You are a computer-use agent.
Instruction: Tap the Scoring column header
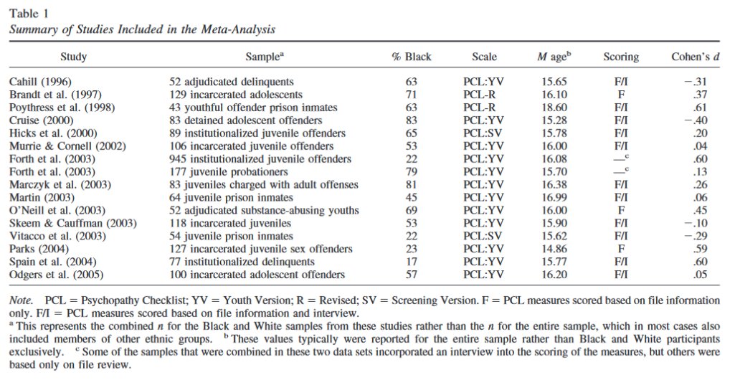(621, 57)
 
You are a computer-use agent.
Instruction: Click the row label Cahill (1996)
(40, 82)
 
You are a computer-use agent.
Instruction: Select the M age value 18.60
(555, 108)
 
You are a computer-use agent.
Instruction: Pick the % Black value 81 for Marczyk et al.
(411, 184)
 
